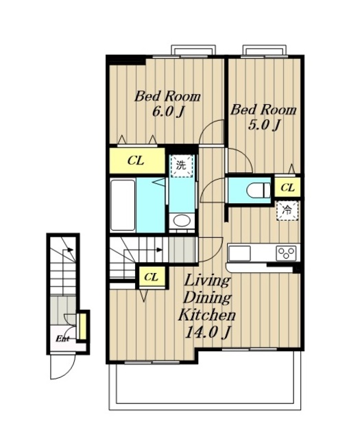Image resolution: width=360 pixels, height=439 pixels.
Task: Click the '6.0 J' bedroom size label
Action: (x=168, y=112)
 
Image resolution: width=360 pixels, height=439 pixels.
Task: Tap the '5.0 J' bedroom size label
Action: (x=264, y=125)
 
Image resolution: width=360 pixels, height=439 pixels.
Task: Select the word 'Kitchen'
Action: (x=207, y=315)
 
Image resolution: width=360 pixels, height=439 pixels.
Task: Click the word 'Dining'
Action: (x=207, y=297)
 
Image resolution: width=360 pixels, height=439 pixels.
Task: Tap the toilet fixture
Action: (x=259, y=191)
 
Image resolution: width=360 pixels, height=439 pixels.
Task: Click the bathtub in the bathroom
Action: (x=123, y=205)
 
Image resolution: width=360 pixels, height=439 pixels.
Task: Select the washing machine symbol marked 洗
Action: (x=182, y=165)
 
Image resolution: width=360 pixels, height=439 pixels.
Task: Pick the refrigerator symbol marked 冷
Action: (x=287, y=211)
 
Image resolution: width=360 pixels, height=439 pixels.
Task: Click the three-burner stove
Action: (x=286, y=253)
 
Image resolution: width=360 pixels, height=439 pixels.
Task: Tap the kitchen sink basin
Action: (x=239, y=253)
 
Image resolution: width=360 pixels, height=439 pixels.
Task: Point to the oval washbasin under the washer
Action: (x=182, y=221)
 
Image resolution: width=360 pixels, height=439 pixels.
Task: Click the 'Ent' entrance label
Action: (x=62, y=339)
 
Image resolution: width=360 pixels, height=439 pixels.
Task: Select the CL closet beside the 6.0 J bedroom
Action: (x=137, y=161)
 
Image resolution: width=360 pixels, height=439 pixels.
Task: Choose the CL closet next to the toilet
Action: (x=287, y=187)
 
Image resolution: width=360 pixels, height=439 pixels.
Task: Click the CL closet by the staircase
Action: (x=151, y=277)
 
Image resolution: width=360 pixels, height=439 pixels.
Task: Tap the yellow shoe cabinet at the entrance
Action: (x=82, y=327)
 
